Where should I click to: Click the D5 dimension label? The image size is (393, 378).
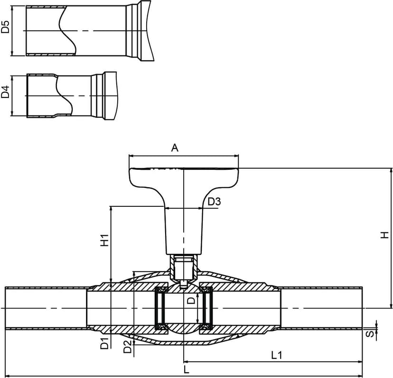pyautogui.click(x=5, y=27)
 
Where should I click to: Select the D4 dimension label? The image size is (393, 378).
pyautogui.click(x=5, y=92)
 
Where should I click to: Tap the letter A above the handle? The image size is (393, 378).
pyautogui.click(x=175, y=148)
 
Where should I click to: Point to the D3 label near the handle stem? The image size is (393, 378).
pyautogui.click(x=214, y=201)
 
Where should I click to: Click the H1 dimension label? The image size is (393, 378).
pyautogui.click(x=104, y=240)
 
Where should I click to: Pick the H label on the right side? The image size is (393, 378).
pyautogui.click(x=384, y=235)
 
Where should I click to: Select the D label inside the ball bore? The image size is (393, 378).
pyautogui.click(x=191, y=300)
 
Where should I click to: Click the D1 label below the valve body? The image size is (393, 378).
pyautogui.click(x=104, y=343)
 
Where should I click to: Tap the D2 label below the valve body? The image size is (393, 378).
pyautogui.click(x=128, y=347)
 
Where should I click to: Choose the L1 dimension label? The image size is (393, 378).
pyautogui.click(x=277, y=355)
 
